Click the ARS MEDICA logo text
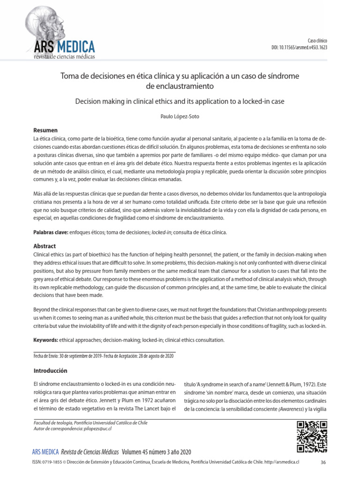[64, 46]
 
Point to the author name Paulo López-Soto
[180, 116]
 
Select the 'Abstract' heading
[45, 246]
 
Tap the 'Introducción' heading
[50, 370]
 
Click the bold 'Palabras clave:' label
[51, 232]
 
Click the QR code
[312, 436]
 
